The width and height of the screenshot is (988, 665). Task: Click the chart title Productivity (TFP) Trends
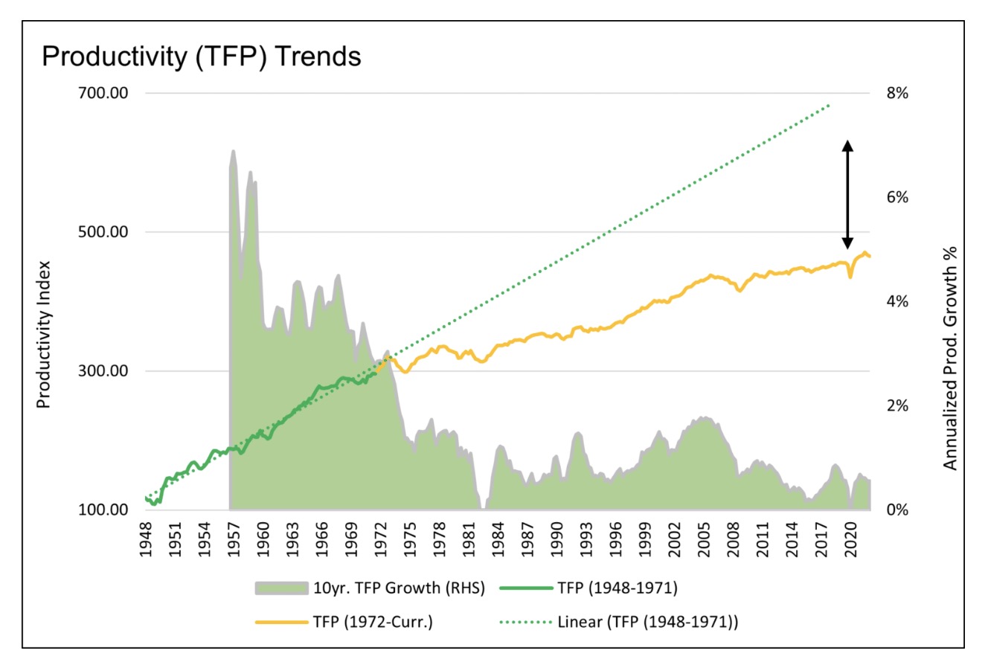coord(202,57)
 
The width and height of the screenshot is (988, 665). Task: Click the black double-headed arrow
coord(847,194)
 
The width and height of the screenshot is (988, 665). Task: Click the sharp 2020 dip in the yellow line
coord(850,277)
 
